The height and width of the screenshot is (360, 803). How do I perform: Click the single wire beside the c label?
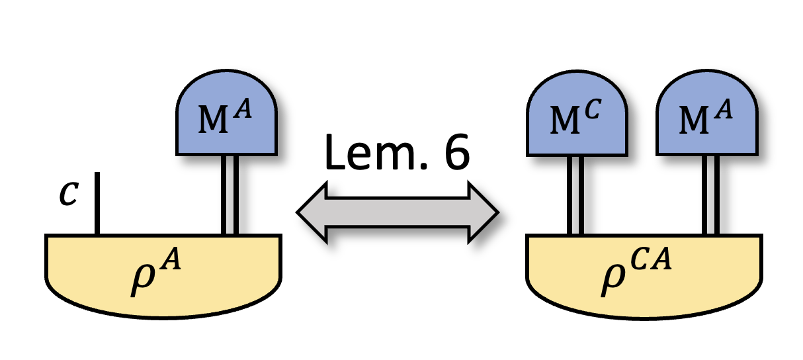pyautogui.click(x=97, y=204)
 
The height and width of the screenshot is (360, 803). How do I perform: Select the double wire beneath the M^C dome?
pyautogui.click(x=575, y=196)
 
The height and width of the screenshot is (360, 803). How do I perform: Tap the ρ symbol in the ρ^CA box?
pyautogui.click(x=613, y=277)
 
